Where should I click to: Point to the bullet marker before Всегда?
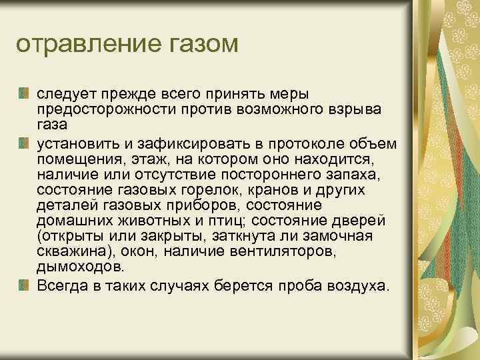[x=24, y=285]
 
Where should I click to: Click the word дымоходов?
[x=81, y=267]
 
